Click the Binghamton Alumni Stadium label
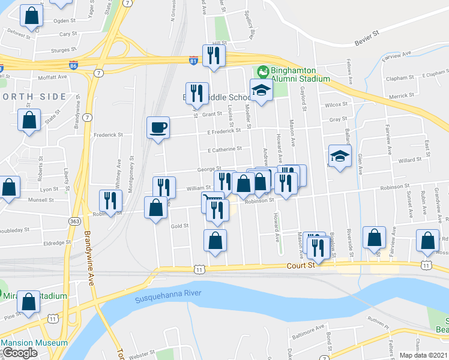coord(300,74)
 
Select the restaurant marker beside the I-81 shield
coord(213,56)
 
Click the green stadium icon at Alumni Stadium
coord(262,71)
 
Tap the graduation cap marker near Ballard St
coord(340,157)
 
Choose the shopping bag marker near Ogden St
coord(31,16)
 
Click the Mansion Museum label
coord(34,343)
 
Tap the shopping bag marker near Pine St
coord(28,303)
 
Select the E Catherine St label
coord(224,149)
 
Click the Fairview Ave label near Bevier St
coord(397,54)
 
